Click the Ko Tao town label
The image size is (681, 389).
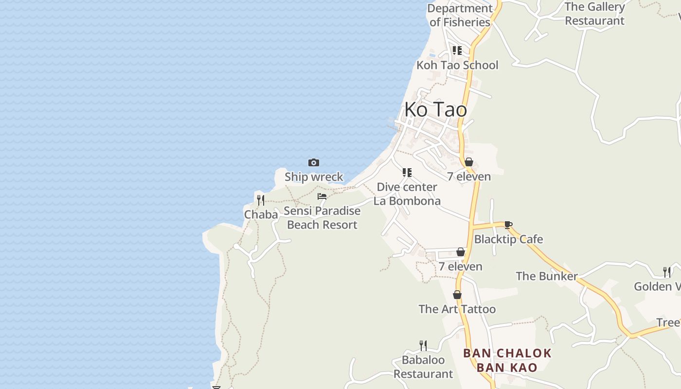(x=435, y=109)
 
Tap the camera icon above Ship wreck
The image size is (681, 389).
(x=314, y=162)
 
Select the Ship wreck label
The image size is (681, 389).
(x=314, y=177)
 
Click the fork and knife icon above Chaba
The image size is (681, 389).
(x=261, y=200)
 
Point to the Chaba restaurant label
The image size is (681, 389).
(x=261, y=214)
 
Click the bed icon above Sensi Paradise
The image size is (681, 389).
(x=322, y=196)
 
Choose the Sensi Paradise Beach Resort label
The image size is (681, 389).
(x=322, y=218)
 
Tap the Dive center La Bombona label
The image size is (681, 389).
(x=407, y=194)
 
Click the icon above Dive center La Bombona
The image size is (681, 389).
(x=407, y=172)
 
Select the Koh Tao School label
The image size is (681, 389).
(x=457, y=65)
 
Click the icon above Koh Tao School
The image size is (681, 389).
(x=457, y=50)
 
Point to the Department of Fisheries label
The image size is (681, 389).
(x=460, y=15)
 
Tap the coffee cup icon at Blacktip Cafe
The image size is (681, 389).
(x=508, y=225)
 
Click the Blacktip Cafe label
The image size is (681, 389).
(x=508, y=239)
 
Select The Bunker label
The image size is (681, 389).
(x=546, y=276)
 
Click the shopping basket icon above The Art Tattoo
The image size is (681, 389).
(x=457, y=295)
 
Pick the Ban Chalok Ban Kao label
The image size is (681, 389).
(x=507, y=360)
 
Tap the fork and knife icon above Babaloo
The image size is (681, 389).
(x=423, y=345)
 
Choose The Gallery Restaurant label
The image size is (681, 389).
(x=594, y=14)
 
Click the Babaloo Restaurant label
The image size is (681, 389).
(x=423, y=367)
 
